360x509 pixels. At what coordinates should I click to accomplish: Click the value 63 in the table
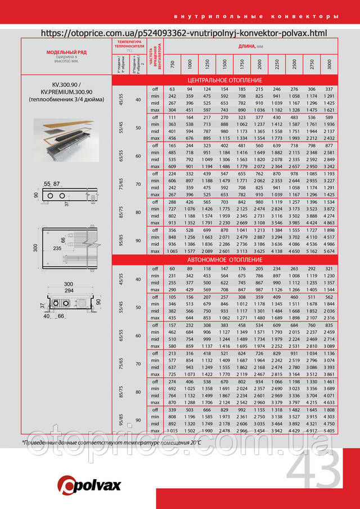click(173, 89)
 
